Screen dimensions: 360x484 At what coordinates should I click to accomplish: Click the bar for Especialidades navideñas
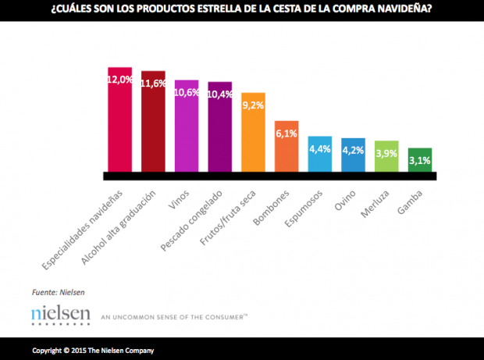[x=119, y=125]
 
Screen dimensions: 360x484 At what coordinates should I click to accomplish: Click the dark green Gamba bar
[x=421, y=162]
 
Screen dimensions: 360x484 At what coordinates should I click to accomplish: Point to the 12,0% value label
[x=119, y=79]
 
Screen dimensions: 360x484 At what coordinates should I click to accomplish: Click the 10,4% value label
[x=220, y=94]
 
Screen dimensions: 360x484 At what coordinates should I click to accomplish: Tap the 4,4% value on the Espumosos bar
[x=321, y=149]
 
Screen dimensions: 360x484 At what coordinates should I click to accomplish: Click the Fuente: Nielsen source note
[x=58, y=292]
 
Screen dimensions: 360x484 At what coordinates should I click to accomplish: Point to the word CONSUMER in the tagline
[x=224, y=317]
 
